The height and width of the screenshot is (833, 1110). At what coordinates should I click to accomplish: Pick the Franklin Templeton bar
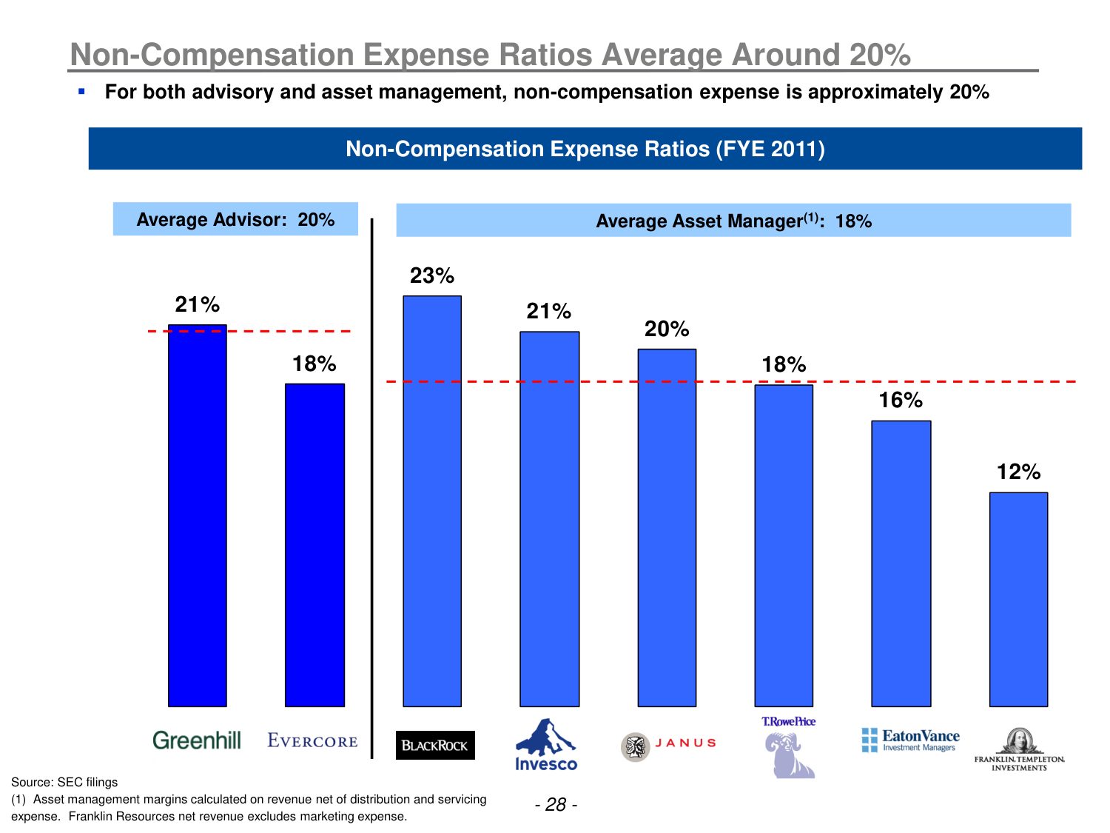(1018, 599)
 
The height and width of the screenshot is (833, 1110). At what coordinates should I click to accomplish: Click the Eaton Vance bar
(901, 563)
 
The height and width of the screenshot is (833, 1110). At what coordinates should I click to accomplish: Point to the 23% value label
(432, 276)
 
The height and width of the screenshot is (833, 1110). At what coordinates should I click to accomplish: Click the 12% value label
(1018, 472)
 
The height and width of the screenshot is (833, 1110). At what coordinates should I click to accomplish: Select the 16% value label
(901, 401)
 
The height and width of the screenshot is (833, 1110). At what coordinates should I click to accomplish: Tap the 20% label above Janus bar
(666, 329)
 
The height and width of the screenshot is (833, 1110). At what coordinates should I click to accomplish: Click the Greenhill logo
(197, 740)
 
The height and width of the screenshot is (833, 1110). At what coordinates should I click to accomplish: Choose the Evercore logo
(312, 741)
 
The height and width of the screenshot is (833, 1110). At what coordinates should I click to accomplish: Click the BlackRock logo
(435, 746)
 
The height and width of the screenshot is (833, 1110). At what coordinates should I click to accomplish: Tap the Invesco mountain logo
(546, 744)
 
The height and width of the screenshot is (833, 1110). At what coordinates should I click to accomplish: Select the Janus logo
(669, 745)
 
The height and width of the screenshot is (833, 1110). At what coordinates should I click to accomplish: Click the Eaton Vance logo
(911, 740)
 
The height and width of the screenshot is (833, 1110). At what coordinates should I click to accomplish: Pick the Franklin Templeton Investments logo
(1019, 750)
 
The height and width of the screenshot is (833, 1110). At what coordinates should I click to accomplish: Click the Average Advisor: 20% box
(235, 219)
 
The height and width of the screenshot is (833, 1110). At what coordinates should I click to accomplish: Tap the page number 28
(556, 805)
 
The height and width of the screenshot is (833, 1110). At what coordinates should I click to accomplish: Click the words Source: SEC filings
(64, 782)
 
